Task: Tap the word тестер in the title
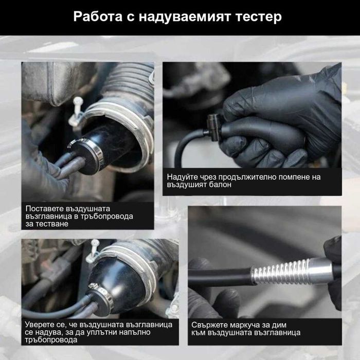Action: tap(259, 17)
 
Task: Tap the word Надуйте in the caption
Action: tap(181, 176)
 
